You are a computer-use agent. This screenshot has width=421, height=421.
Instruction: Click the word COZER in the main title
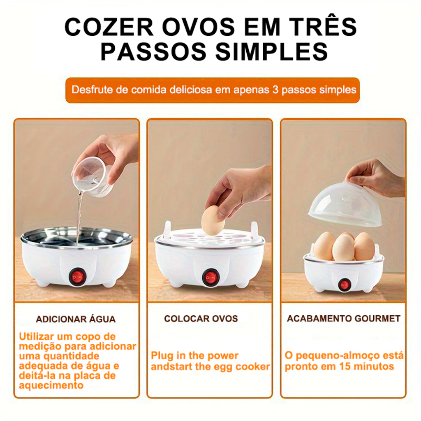tap(109, 27)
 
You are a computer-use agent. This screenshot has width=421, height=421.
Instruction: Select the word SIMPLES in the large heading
tap(272, 51)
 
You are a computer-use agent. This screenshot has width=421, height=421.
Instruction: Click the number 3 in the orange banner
tap(275, 90)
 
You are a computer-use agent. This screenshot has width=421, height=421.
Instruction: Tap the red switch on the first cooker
tap(78, 277)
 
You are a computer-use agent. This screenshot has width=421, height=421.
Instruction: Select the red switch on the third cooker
tap(344, 285)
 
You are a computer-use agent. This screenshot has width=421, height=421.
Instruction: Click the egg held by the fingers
tap(213, 220)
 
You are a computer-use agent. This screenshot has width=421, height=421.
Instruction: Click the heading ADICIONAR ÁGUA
tap(76, 319)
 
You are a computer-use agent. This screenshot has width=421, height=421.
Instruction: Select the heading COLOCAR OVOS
tap(201, 319)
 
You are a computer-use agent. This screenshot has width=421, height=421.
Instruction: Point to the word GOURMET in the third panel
tap(377, 319)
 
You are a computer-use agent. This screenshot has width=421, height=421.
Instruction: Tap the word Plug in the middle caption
tap(161, 356)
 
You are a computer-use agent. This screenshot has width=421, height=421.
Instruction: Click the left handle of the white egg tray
tap(167, 229)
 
